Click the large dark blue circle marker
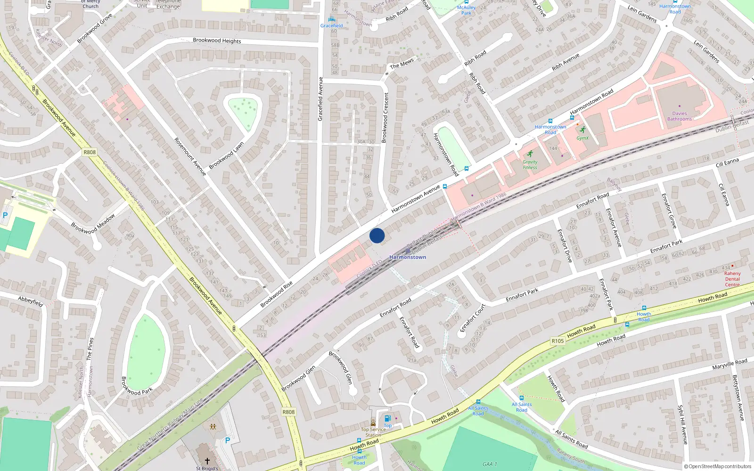coord(377,235)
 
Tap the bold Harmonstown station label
coord(408,257)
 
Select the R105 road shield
coord(557,341)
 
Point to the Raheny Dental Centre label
coord(732,279)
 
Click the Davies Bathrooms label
coord(679,116)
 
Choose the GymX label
coord(582,138)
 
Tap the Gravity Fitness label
coord(530,164)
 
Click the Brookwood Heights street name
coord(217,41)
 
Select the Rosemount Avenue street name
coord(190,156)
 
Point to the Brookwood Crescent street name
coord(385,117)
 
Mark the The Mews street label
coord(402,63)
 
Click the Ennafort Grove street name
coord(669,211)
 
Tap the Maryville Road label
coord(729,364)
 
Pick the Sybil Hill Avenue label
coord(682,424)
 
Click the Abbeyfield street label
coord(31,301)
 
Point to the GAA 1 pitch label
coord(490,464)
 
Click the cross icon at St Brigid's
coord(207,461)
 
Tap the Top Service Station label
coord(373,432)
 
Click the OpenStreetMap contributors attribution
coord(718,466)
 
